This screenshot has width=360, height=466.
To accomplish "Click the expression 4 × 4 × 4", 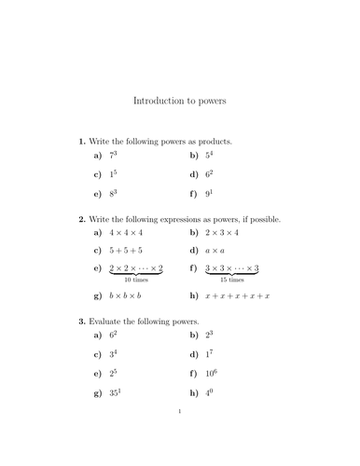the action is tap(128, 233).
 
